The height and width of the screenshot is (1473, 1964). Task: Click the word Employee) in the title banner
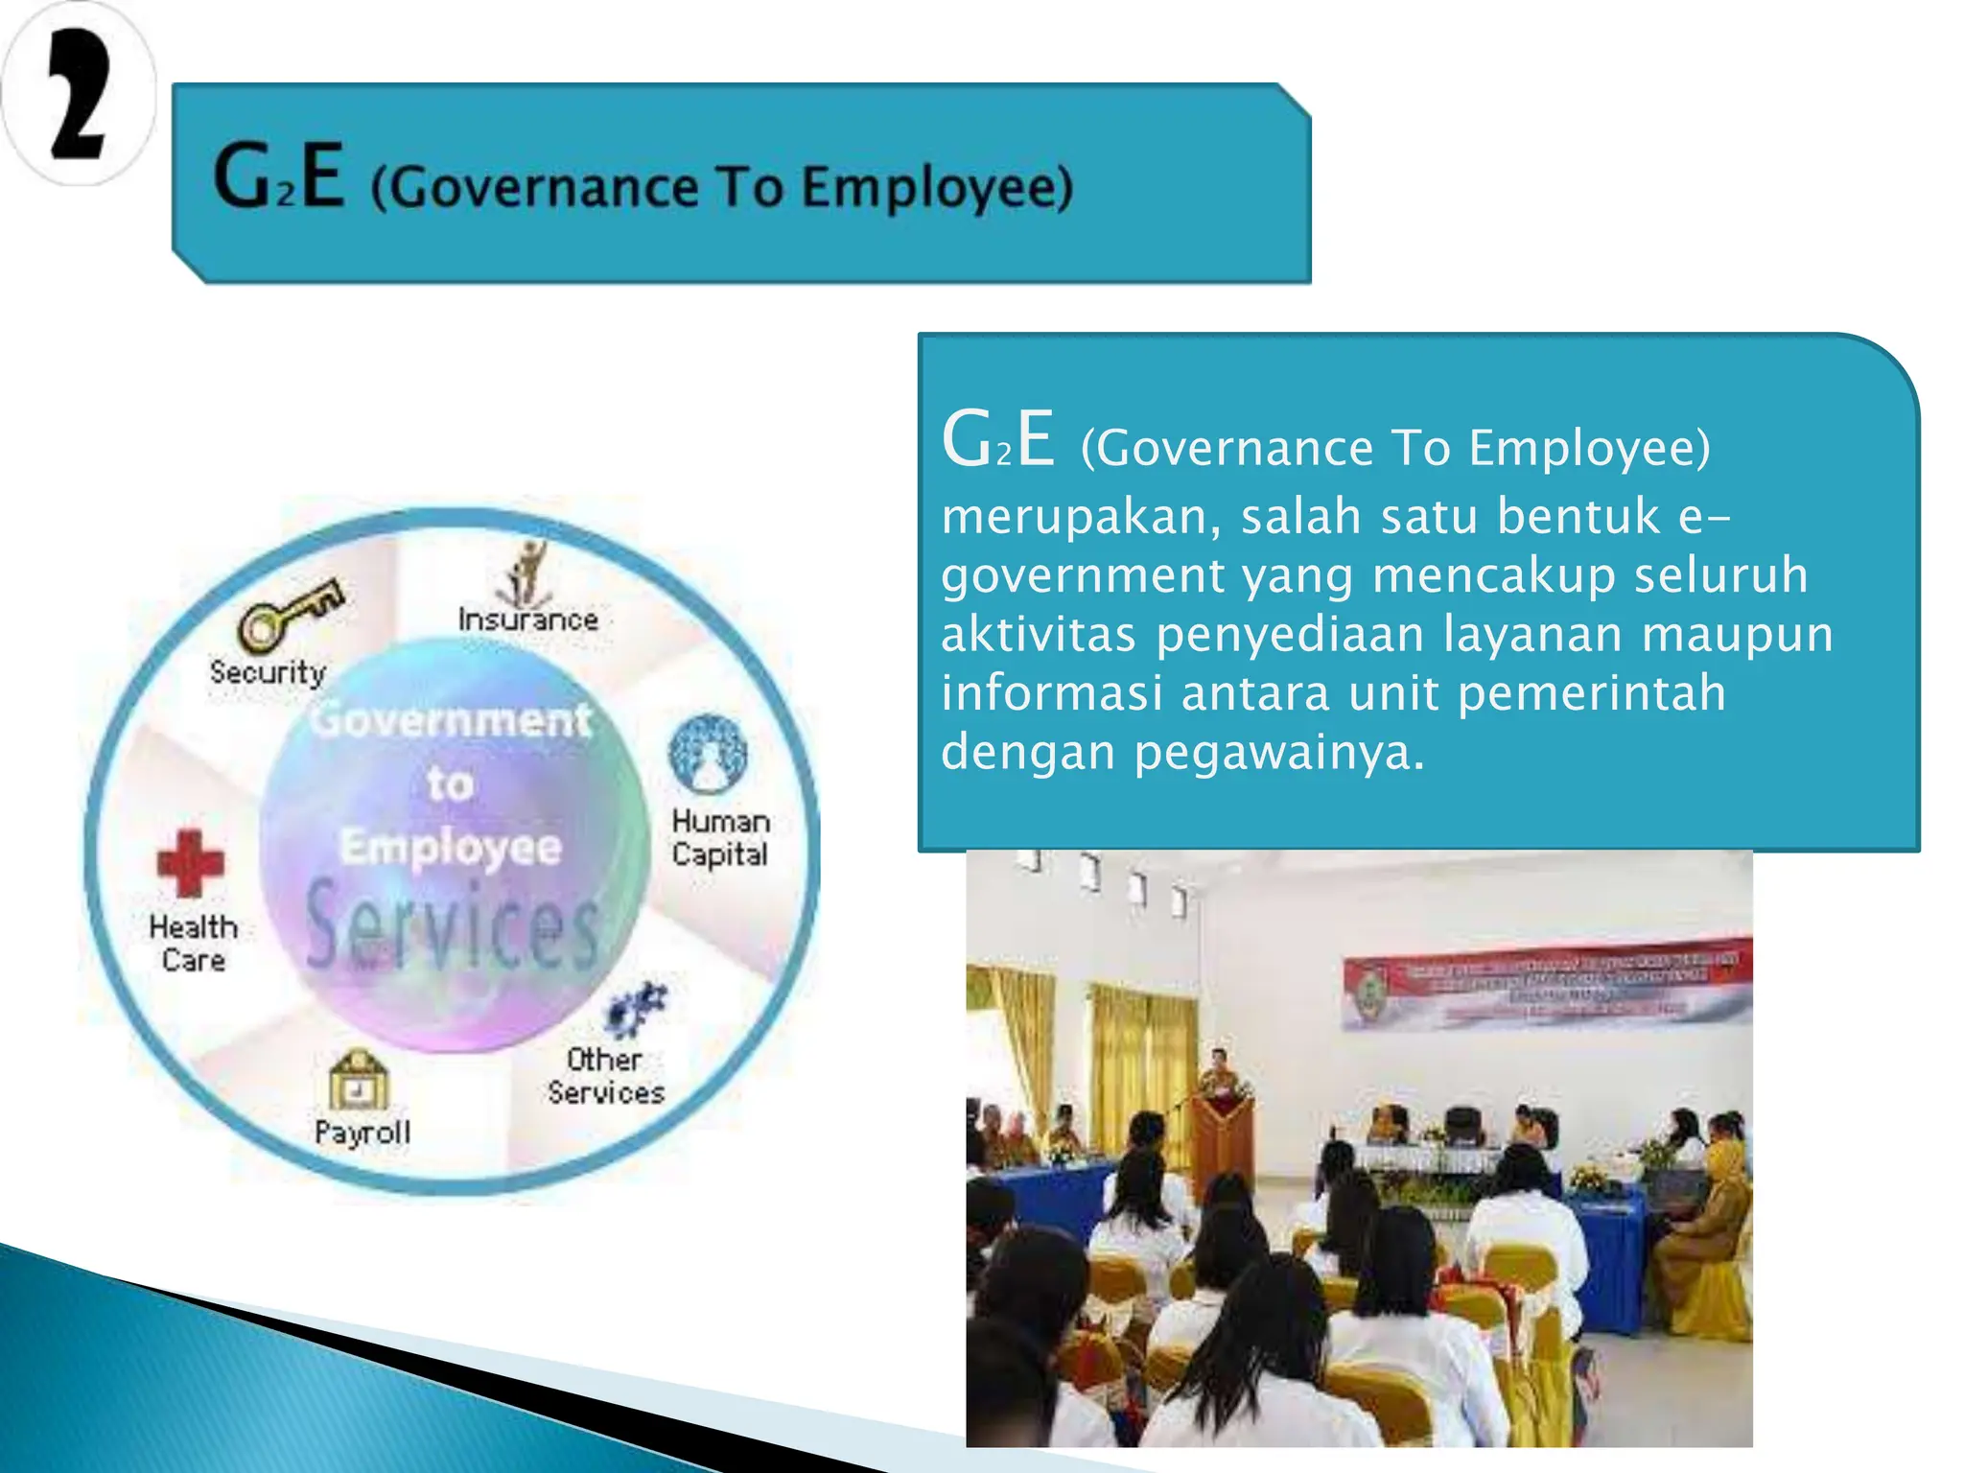tap(937, 187)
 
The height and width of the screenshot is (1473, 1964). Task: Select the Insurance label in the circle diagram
tap(527, 620)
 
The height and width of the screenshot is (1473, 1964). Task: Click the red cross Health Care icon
tap(190, 863)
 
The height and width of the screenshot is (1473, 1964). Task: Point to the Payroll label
tap(362, 1133)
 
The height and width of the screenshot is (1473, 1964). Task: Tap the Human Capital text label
tap(720, 838)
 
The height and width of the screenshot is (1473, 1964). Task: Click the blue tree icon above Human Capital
tap(709, 754)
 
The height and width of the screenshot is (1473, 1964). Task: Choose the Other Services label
tap(605, 1076)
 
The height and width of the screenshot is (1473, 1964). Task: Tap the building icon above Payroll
tap(359, 1082)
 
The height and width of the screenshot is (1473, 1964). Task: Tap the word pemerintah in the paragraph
tap(1591, 693)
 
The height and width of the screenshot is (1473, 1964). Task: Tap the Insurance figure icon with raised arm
tap(526, 572)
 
